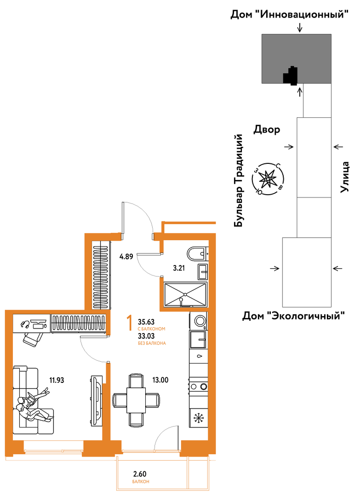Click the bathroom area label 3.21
(x=178, y=268)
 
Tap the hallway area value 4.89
(x=126, y=256)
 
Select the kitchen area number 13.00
(x=160, y=380)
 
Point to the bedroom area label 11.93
(x=57, y=380)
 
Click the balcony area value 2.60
(x=140, y=474)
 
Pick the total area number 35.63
(x=146, y=323)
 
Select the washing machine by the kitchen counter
(x=199, y=321)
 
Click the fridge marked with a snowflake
(x=199, y=418)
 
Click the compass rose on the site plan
(x=268, y=179)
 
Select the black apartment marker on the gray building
(x=291, y=76)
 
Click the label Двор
(x=267, y=130)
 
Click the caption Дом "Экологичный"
(x=293, y=316)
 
